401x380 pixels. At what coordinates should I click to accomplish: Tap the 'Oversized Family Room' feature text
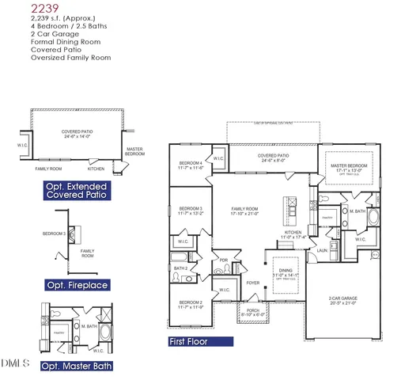[x=70, y=58]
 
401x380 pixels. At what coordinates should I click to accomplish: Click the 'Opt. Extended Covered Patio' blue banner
[x=77, y=190]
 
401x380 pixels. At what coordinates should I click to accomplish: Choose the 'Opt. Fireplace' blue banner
[x=77, y=285]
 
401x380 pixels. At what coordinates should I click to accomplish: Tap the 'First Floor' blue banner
[x=200, y=342]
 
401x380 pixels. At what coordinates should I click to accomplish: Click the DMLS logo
[x=15, y=363]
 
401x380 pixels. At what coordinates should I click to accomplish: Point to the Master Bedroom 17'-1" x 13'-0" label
[x=349, y=169]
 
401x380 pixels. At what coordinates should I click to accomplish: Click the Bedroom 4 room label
[x=191, y=165]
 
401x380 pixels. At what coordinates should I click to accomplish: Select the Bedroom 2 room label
[x=191, y=305]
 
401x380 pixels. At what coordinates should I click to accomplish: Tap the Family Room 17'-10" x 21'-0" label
[x=244, y=211]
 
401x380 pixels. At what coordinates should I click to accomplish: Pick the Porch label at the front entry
[x=253, y=311]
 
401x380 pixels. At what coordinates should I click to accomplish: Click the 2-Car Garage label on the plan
[x=345, y=301]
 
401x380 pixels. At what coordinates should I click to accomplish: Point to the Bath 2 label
[x=180, y=268]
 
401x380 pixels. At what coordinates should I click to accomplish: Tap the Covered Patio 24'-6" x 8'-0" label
[x=273, y=158]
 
